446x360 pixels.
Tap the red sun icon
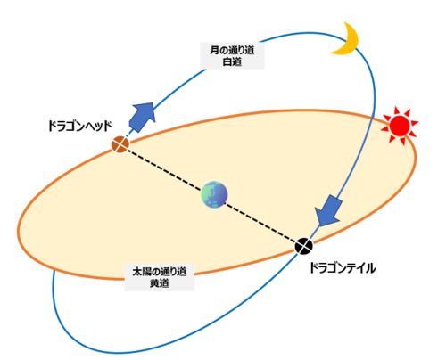(x=400, y=126)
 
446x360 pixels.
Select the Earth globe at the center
(x=214, y=194)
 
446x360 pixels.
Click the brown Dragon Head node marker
(x=120, y=144)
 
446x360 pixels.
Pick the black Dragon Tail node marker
(x=304, y=246)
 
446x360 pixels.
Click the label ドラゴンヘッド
(x=80, y=127)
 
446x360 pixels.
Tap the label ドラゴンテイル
(x=343, y=268)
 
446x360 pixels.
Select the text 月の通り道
(x=232, y=50)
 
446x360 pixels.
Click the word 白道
(x=232, y=61)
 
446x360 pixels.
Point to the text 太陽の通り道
(x=160, y=272)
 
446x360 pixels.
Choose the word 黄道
(x=160, y=283)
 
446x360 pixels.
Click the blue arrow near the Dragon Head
(x=143, y=117)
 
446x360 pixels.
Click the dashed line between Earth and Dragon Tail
(x=260, y=221)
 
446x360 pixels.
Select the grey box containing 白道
(x=232, y=56)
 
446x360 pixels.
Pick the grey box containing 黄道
(x=160, y=277)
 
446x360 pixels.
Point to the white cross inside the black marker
(x=304, y=246)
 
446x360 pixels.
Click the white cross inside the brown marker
(x=120, y=144)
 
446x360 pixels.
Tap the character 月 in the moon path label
(x=214, y=50)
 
